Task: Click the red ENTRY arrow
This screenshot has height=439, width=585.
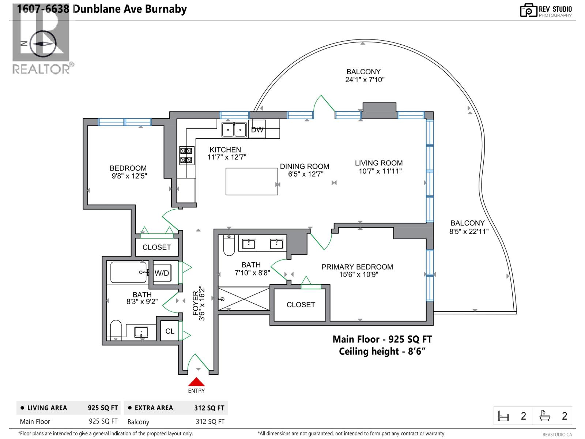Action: point(196,382)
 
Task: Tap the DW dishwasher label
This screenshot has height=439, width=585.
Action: point(257,130)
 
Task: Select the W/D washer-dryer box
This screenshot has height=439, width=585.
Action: point(162,273)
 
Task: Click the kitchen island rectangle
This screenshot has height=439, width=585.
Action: point(252,181)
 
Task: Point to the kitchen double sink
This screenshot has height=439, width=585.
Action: point(234,130)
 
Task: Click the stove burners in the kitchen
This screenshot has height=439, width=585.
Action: point(186,155)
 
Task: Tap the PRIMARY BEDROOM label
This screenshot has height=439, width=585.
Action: point(357,267)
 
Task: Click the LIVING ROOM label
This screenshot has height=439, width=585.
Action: point(378,163)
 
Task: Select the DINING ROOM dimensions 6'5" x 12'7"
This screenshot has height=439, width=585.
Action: point(305,174)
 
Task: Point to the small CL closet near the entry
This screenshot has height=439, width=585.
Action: point(170,331)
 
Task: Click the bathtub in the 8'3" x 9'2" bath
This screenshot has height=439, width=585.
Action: point(129,272)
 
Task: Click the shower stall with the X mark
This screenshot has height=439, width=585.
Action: point(244,299)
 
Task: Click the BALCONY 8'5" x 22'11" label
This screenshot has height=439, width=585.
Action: point(468,227)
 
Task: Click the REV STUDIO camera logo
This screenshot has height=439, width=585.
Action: point(528,10)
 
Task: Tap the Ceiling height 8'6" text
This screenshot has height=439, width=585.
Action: point(382,351)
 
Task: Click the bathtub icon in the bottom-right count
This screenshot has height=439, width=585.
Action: point(545,416)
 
